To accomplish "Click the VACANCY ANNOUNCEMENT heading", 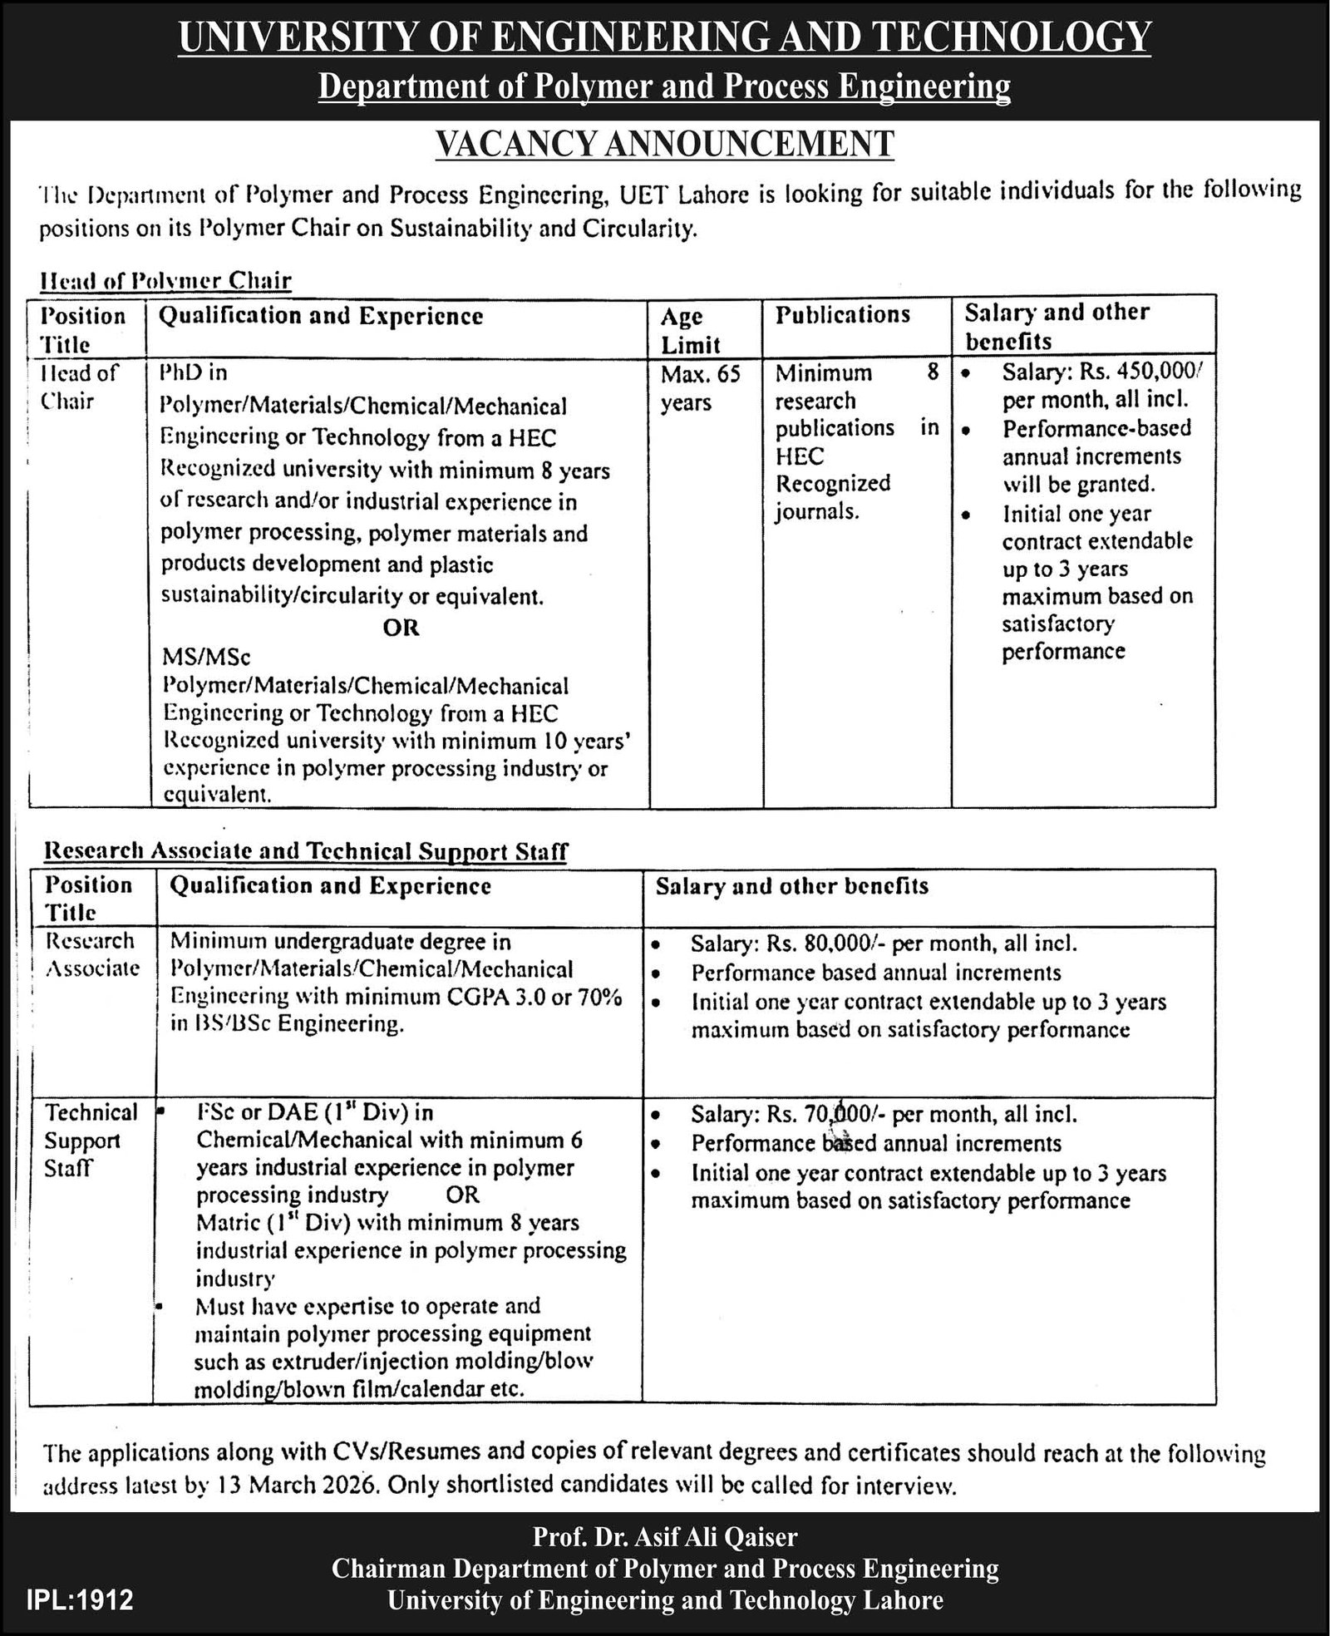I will point(665,143).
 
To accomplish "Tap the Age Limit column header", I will point(690,330).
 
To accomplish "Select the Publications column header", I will point(843,314).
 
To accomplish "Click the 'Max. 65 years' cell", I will point(700,388).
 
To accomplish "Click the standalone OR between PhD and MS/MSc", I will point(401,628).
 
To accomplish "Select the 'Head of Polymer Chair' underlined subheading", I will point(166,280).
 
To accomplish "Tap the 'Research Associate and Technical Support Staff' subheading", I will point(305,851).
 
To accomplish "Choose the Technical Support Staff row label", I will point(90,1140).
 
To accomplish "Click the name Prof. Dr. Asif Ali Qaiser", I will point(665,1537).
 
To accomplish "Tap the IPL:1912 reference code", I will point(80,1600).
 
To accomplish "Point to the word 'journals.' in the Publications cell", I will point(817,511).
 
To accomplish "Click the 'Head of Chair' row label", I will point(79,387).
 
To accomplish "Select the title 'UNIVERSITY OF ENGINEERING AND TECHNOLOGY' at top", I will point(665,37).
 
